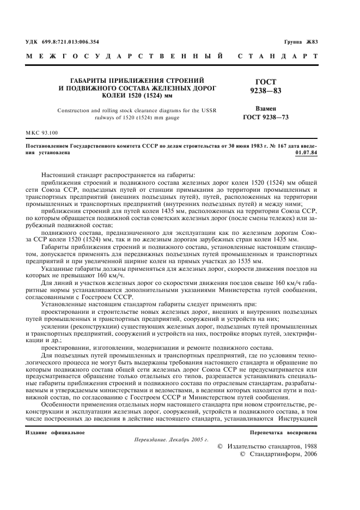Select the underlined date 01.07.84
coord(307,153)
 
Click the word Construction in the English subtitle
coord(76,110)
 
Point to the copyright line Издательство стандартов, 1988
coord(270,446)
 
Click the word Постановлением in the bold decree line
coord(50,147)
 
